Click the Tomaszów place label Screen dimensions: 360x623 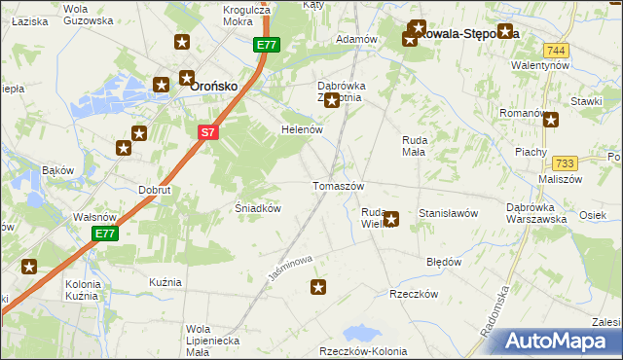coord(338,186)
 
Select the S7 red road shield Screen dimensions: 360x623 coord(209,132)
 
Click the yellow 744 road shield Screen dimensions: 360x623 coord(556,51)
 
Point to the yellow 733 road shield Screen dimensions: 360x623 coord(565,165)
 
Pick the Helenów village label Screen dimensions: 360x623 coord(302,129)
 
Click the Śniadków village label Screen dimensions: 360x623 coord(259,207)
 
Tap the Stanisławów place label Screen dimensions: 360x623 coord(447,212)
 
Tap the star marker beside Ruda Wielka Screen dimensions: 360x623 coord(391,220)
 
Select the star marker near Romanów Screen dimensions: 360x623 coord(552,121)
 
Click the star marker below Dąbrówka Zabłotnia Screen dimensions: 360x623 coord(332,100)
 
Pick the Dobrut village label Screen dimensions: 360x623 coord(155,190)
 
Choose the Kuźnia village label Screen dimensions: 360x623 coord(165,281)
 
